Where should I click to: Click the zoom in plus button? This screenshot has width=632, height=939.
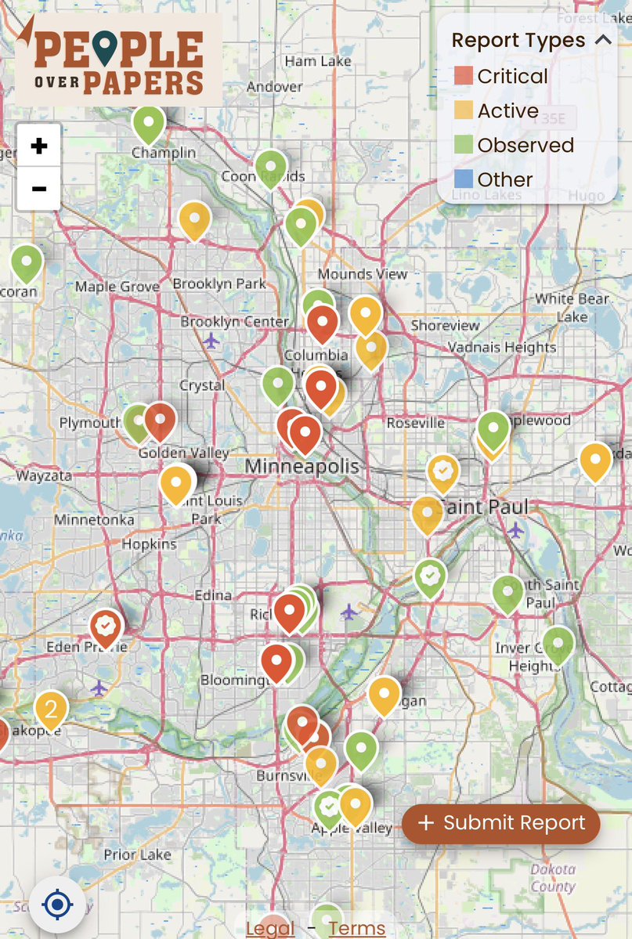click(38, 146)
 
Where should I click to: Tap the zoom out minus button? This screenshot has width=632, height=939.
click(38, 189)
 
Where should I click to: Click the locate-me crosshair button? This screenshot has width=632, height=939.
click(57, 905)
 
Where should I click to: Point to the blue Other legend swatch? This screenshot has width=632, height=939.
click(464, 179)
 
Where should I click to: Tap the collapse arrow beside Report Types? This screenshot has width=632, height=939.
click(603, 40)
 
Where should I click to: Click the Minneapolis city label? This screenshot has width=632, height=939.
click(302, 467)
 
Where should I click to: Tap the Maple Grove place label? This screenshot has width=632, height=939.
click(117, 287)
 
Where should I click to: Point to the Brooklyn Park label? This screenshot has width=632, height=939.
click(219, 284)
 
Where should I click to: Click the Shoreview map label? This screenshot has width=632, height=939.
click(445, 326)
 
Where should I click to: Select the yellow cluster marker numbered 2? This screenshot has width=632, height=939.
click(51, 710)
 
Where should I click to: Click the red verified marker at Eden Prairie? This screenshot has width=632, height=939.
click(106, 626)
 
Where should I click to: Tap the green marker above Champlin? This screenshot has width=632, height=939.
click(149, 123)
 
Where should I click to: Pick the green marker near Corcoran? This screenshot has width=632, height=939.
click(27, 262)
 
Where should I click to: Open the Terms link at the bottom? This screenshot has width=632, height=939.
click(357, 929)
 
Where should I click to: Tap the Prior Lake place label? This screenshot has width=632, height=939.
click(137, 854)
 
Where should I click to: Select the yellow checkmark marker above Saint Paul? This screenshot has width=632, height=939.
click(443, 471)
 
